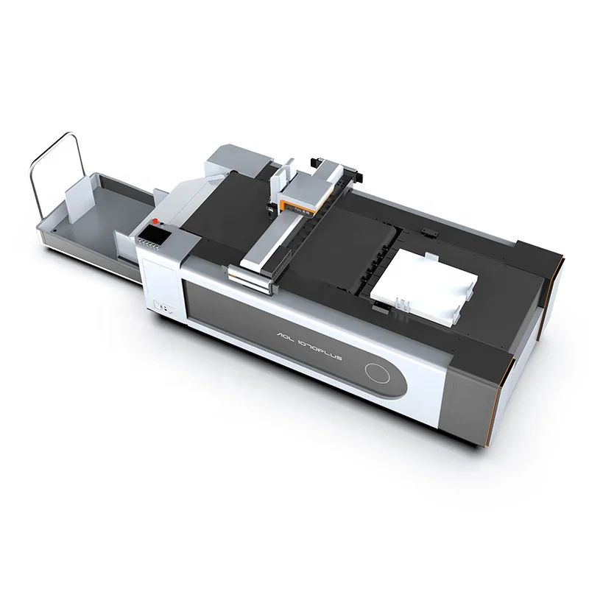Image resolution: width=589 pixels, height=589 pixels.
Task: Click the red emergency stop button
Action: (155, 220)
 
